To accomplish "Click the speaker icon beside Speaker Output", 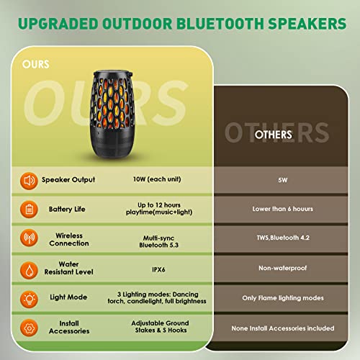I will [x=29, y=180].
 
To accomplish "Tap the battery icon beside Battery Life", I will [x=29, y=210].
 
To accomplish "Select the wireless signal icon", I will [x=29, y=240].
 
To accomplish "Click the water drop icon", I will [x=29, y=269].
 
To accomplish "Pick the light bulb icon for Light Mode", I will [x=29, y=298].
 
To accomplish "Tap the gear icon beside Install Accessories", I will [x=29, y=328].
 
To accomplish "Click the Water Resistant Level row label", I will [x=69, y=269].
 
